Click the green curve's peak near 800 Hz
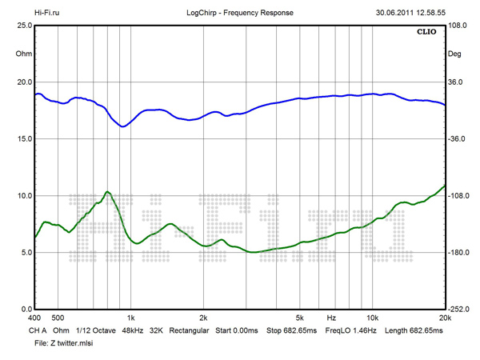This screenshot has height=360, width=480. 107,192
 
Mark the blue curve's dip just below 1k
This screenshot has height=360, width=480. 122,126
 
